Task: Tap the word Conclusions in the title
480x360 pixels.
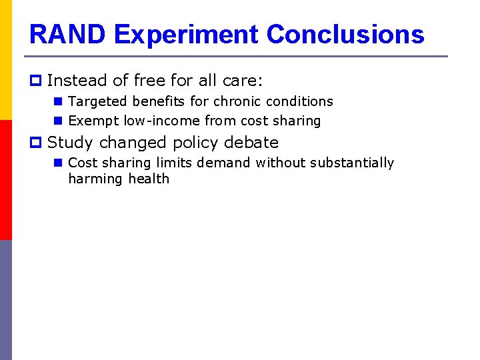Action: coord(345,34)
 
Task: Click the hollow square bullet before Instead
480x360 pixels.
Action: coord(37,81)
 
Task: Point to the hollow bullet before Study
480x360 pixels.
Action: coord(37,143)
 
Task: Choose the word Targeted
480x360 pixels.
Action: coord(97,101)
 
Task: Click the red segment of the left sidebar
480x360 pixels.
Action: coord(6,180)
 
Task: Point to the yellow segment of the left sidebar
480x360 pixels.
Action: coord(6,60)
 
